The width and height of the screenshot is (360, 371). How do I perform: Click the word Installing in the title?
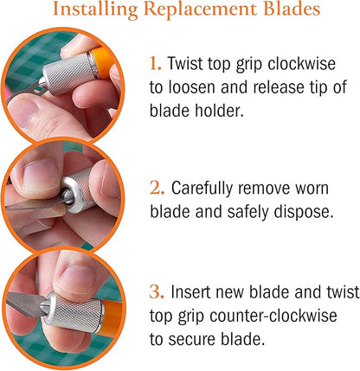[96, 10]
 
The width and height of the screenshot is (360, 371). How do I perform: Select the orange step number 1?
[155, 64]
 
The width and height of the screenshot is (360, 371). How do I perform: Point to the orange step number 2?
[157, 188]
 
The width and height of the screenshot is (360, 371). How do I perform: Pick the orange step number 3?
[157, 291]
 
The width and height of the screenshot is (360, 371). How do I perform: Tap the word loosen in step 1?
[192, 87]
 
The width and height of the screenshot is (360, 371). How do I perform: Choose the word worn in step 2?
[312, 189]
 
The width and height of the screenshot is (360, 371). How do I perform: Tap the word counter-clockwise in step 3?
[273, 316]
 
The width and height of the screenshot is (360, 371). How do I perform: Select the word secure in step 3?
[192, 340]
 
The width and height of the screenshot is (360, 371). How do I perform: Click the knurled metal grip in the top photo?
[68, 74]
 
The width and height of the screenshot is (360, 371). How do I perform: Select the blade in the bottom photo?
[25, 304]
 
